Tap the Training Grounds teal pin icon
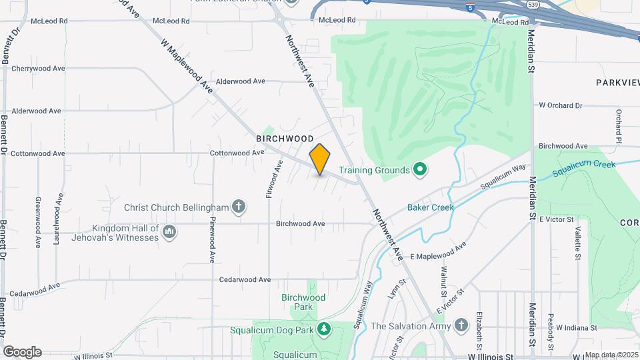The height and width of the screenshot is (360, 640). [419, 170]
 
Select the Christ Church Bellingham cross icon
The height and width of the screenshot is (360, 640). [239, 207]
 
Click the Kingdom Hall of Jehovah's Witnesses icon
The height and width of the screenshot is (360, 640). [169, 232]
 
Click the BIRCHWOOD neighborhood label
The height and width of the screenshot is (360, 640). [285, 139]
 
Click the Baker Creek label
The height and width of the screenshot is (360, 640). [432, 207]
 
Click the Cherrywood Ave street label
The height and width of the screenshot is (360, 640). [38, 68]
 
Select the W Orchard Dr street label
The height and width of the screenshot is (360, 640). [560, 105]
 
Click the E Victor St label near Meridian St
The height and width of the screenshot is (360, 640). [557, 219]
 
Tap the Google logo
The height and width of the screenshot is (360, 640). [22, 352]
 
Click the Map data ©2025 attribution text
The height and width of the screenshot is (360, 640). [611, 355]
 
